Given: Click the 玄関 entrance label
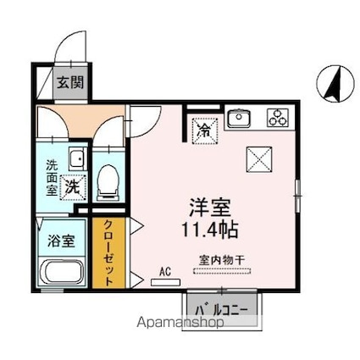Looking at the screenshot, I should tap(69, 83).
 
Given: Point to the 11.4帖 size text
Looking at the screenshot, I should tap(210, 229).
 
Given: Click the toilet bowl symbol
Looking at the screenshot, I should tap(108, 180).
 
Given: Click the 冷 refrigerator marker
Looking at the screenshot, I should tap(204, 130).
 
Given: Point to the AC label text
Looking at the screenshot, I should tap(166, 272).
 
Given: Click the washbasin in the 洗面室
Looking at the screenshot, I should tap(76, 157).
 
